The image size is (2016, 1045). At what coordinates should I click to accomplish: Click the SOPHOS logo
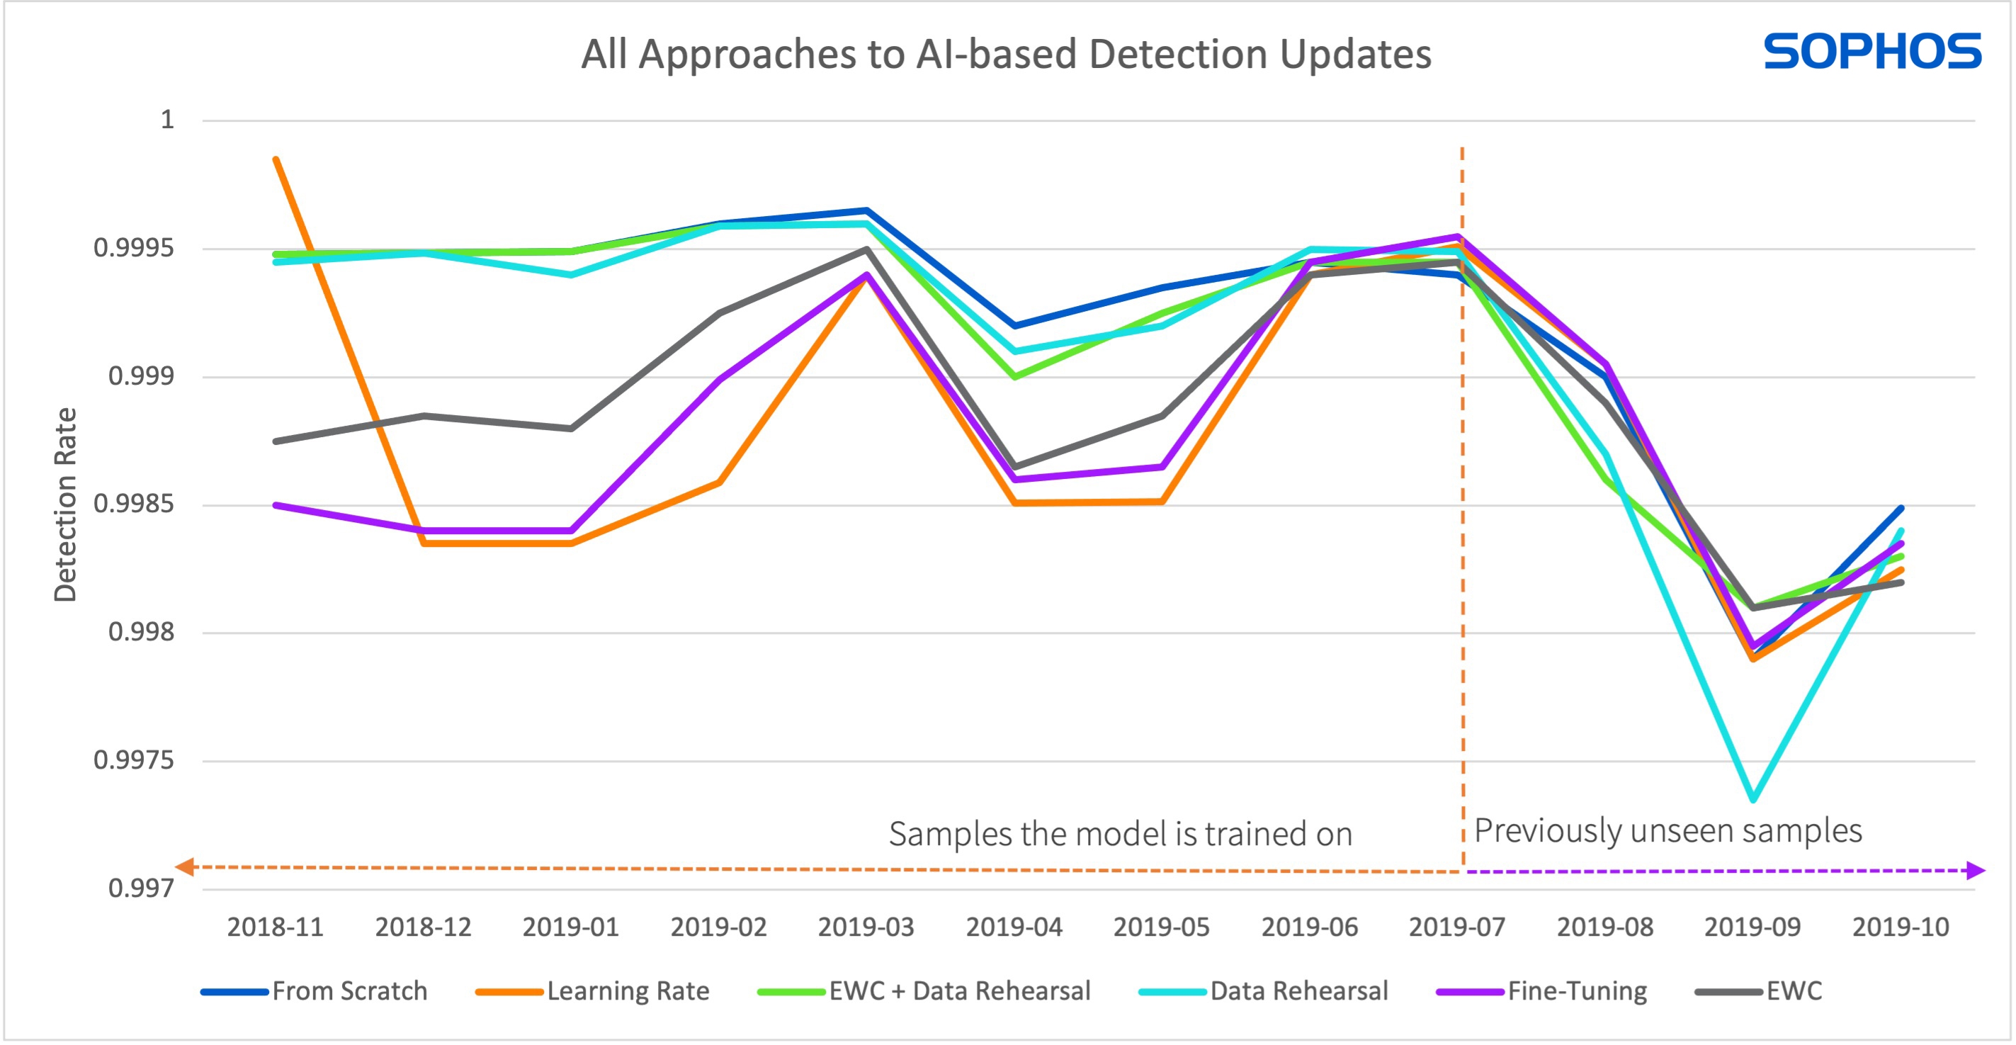point(1872,52)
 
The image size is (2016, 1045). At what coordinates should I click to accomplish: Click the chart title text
point(1006,55)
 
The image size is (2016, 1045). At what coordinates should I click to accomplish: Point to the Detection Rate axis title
point(66,505)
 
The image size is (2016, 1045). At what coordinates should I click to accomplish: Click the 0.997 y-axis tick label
point(141,888)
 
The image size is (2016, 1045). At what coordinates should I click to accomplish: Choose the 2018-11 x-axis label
point(276,927)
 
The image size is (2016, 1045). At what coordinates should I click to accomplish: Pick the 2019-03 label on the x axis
point(866,927)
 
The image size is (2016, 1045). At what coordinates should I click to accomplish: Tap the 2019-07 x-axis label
point(1457,927)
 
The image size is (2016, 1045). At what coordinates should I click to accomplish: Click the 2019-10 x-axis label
point(1900,927)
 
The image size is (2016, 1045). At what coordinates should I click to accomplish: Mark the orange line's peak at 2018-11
point(276,159)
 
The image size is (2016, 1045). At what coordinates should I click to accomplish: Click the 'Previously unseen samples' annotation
point(1667,830)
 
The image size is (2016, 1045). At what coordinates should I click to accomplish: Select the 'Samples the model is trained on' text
point(1120,835)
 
